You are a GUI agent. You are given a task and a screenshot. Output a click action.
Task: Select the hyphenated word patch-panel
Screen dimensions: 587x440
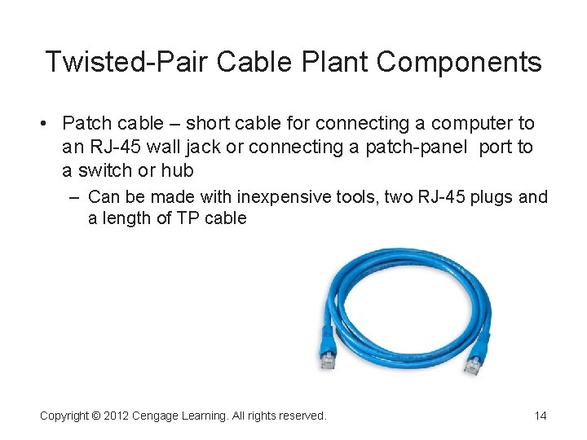tap(414, 147)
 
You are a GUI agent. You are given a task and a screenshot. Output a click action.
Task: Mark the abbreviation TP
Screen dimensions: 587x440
tap(189, 218)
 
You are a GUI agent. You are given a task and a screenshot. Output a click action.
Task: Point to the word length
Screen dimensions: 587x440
tap(128, 218)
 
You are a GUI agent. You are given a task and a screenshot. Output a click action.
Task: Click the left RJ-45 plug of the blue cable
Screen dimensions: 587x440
tap(328, 357)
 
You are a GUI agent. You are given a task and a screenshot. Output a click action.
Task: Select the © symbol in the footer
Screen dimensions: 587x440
tap(96, 416)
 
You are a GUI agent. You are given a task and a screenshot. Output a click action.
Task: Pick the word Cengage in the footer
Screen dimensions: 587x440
tap(159, 416)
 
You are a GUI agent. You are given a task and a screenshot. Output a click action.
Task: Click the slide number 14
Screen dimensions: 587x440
tap(541, 416)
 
